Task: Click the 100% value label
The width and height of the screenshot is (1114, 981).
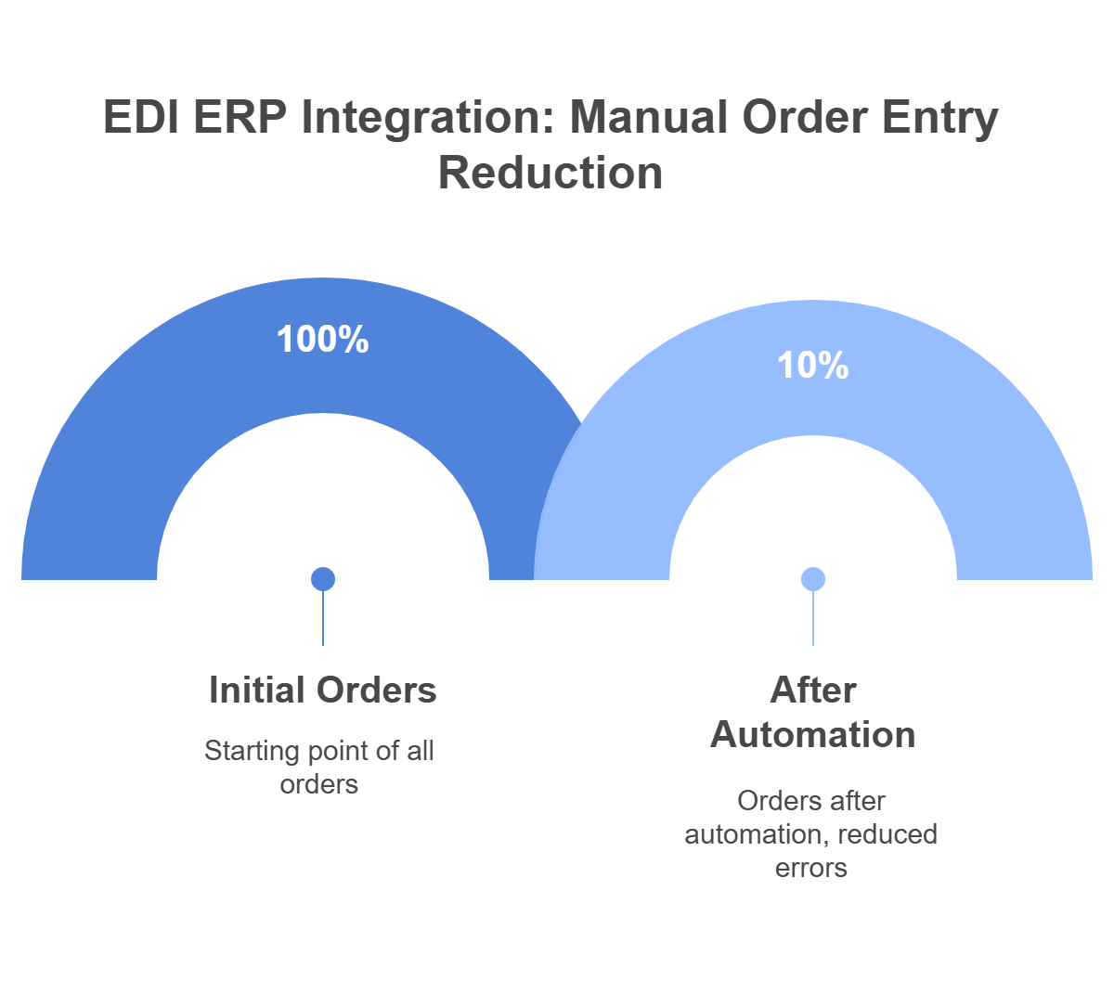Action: [x=323, y=340]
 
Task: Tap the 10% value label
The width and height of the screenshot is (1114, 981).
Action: [x=813, y=366]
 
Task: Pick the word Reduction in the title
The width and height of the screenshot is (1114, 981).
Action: [x=551, y=174]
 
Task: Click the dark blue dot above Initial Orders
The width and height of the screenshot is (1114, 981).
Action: [x=323, y=579]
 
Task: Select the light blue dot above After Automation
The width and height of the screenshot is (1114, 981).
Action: [x=813, y=579]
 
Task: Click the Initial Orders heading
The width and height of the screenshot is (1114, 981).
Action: [x=323, y=691]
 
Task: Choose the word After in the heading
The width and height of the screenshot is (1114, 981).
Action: [x=813, y=691]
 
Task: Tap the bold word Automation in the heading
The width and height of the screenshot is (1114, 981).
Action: [x=813, y=735]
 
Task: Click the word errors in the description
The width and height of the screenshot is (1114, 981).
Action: [x=813, y=868]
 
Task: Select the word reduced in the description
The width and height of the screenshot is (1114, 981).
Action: [x=888, y=834]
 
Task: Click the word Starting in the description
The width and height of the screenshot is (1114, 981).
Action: [x=243, y=751]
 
